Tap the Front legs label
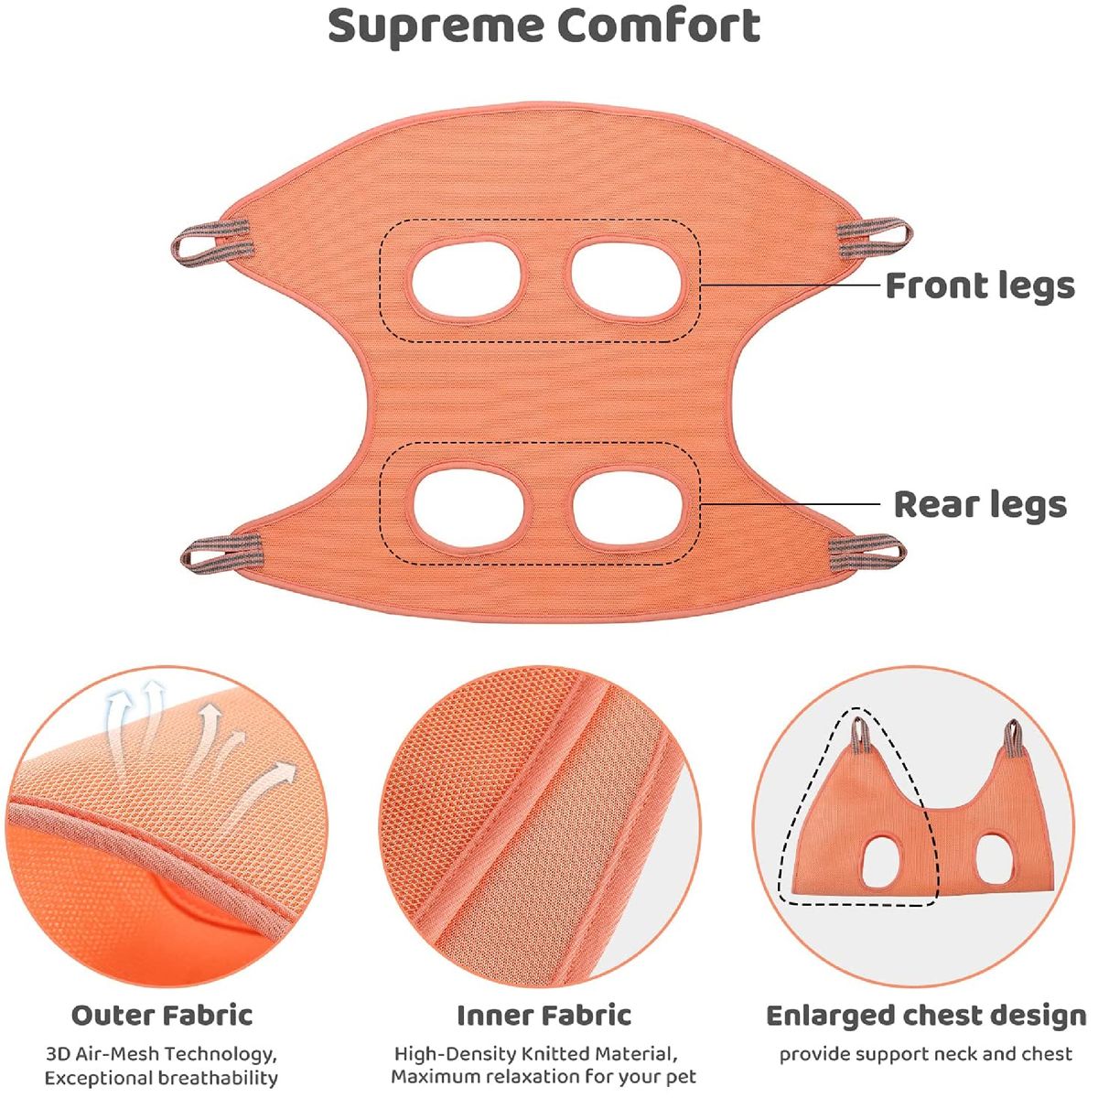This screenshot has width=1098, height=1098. point(979,285)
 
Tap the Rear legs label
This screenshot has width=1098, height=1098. point(979,504)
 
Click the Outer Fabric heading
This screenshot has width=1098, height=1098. point(162,1015)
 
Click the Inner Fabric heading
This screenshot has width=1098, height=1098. point(544,1015)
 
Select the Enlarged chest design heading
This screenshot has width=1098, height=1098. point(925,1016)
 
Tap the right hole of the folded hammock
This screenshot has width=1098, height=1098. point(992,855)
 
